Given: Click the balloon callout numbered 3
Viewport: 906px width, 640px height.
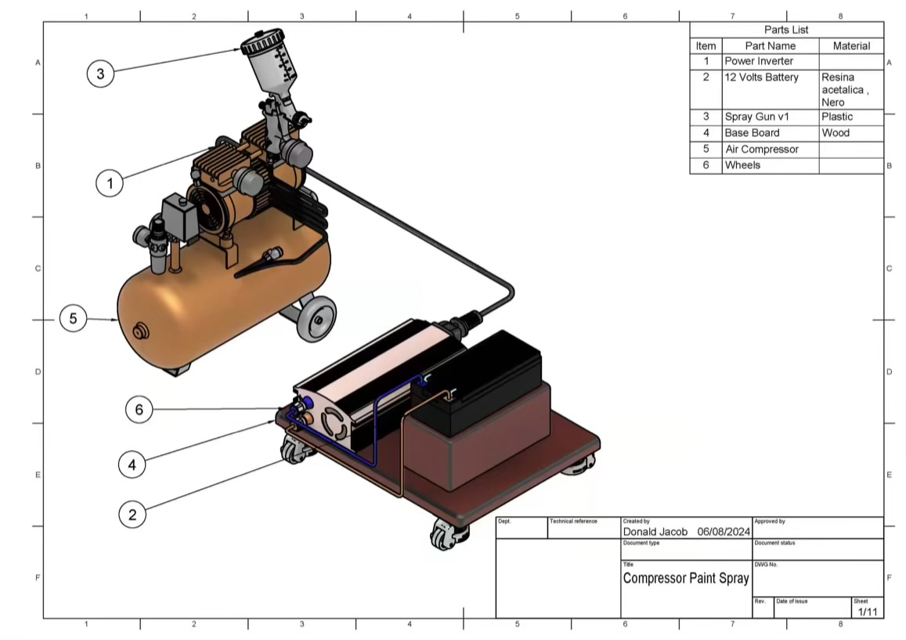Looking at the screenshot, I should pos(100,74).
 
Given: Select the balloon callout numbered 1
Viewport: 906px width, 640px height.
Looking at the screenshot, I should pos(110,183).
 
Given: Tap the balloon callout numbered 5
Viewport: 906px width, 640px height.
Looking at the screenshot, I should pos(74,319).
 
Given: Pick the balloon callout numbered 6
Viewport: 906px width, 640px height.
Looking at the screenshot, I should pos(139,410).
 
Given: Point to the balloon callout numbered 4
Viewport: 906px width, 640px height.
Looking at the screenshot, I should pos(132,465).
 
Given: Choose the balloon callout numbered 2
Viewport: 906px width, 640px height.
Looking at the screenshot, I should pos(132,515).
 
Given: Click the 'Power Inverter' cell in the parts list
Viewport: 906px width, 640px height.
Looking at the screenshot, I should pos(759,61).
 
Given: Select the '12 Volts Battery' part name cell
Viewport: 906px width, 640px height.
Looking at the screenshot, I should pos(761,78).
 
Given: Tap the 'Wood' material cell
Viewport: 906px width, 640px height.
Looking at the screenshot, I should pos(836,133).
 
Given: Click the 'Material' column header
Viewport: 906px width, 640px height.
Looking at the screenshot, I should pos(851,46).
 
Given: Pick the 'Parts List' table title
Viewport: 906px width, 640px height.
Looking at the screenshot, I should pos(786,30).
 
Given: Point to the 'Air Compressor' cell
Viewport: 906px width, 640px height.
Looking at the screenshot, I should pos(761,150).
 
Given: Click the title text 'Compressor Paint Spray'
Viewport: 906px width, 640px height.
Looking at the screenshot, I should pos(686,579).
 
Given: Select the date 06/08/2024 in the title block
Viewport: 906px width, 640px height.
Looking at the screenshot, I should pos(724,531).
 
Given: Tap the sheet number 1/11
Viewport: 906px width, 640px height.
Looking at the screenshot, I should pos(867,612).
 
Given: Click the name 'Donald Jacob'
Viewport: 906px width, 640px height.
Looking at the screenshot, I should pos(655,531).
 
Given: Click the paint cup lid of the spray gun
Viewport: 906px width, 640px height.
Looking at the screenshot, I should pos(262,42).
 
